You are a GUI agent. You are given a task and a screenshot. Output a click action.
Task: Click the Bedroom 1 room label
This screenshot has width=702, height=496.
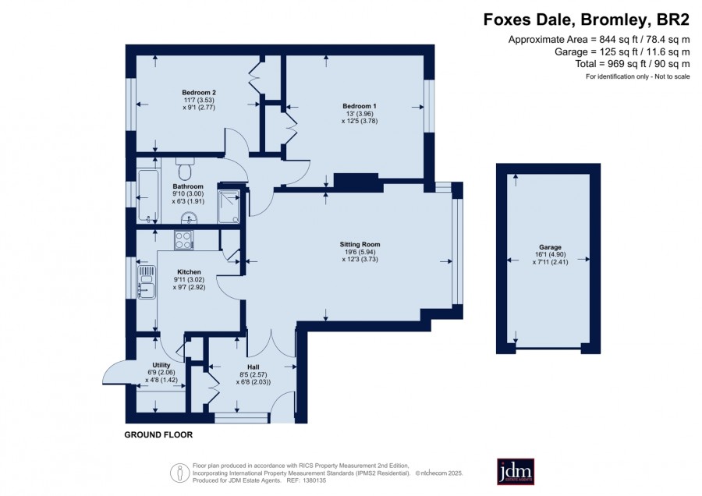(x=360, y=106)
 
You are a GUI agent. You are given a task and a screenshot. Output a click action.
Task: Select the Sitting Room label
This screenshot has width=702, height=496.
(x=360, y=244)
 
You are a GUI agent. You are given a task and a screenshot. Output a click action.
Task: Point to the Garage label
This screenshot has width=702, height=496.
(x=550, y=247)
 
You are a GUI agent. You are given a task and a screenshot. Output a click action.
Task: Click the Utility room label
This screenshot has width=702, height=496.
(x=161, y=365)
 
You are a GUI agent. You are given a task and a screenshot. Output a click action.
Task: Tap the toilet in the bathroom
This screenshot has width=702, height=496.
(x=184, y=168)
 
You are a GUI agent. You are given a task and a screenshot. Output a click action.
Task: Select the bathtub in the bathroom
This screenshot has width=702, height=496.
(x=147, y=196)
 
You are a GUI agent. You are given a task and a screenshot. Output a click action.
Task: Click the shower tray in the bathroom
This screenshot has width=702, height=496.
(x=229, y=207)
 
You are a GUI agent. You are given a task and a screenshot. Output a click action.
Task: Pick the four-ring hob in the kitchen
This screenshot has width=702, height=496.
(x=183, y=240)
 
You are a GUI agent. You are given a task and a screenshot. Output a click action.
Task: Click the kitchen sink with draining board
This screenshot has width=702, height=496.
(x=146, y=282)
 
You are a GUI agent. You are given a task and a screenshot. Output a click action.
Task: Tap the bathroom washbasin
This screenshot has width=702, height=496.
(x=190, y=218)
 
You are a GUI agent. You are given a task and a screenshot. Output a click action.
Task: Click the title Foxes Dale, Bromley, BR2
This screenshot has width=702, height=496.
(x=587, y=20)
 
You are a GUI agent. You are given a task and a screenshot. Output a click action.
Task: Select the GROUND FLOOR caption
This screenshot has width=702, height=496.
(x=158, y=434)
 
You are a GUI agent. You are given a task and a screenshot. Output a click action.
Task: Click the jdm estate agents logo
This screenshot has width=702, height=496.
(x=516, y=471)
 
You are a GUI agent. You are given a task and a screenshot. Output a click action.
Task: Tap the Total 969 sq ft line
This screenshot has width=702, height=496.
(x=633, y=64)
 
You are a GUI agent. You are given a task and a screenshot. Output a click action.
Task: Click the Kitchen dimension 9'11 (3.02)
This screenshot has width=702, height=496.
(x=189, y=280)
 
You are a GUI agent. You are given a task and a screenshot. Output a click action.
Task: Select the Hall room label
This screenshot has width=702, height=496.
(x=253, y=367)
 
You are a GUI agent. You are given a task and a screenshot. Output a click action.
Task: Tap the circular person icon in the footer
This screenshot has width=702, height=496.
(x=179, y=473)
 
